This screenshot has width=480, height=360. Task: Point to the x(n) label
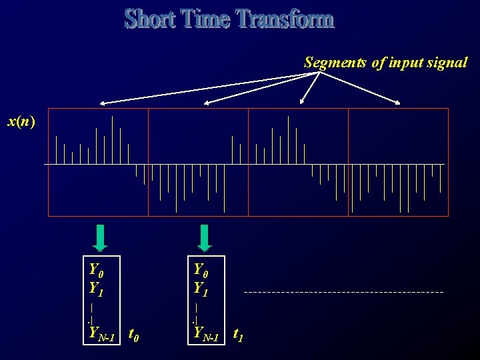pyautogui.click(x=21, y=121)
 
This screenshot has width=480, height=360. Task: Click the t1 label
pyautogui.click(x=238, y=334)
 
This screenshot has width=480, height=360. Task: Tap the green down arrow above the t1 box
pyautogui.click(x=205, y=236)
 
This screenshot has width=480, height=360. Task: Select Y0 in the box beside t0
pyautogui.click(x=96, y=270)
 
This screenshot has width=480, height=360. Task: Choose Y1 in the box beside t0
pyautogui.click(x=96, y=289)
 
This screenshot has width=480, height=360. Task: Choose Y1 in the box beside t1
pyautogui.click(x=200, y=288)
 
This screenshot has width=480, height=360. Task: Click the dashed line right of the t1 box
pyautogui.click(x=343, y=292)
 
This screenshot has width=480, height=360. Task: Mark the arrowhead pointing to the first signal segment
pyautogui.click(x=103, y=103)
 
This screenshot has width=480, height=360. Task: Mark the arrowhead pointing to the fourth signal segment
pyautogui.click(x=398, y=103)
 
